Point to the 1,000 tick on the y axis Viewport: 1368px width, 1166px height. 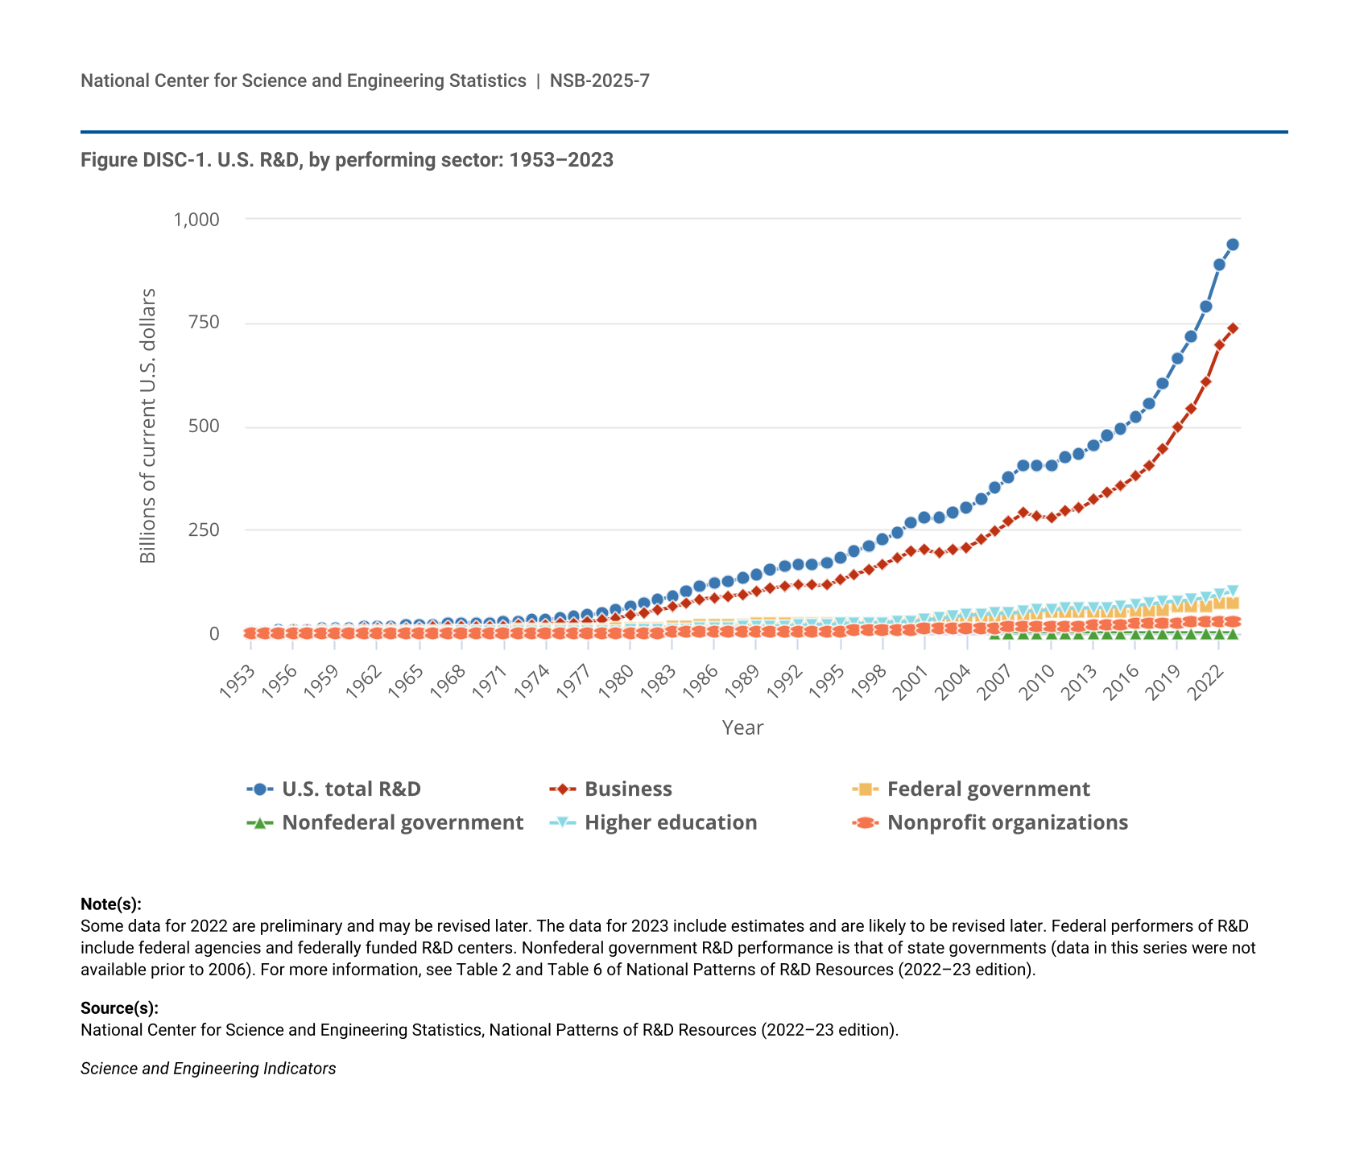coord(196,220)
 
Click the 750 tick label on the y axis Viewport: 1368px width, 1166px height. coord(204,323)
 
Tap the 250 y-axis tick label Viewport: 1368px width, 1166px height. coord(204,530)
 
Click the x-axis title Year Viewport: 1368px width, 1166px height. coord(742,728)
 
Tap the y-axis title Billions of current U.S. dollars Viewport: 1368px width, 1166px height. coord(148,426)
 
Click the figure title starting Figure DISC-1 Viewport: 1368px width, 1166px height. coord(347,160)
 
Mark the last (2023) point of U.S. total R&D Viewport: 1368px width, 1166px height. coord(1233,245)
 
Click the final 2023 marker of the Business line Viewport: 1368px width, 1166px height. coord(1233,328)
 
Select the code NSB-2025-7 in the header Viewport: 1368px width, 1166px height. coord(600,80)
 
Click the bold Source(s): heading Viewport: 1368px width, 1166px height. coord(119,1008)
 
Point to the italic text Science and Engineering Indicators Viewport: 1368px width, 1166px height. coord(209,1069)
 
